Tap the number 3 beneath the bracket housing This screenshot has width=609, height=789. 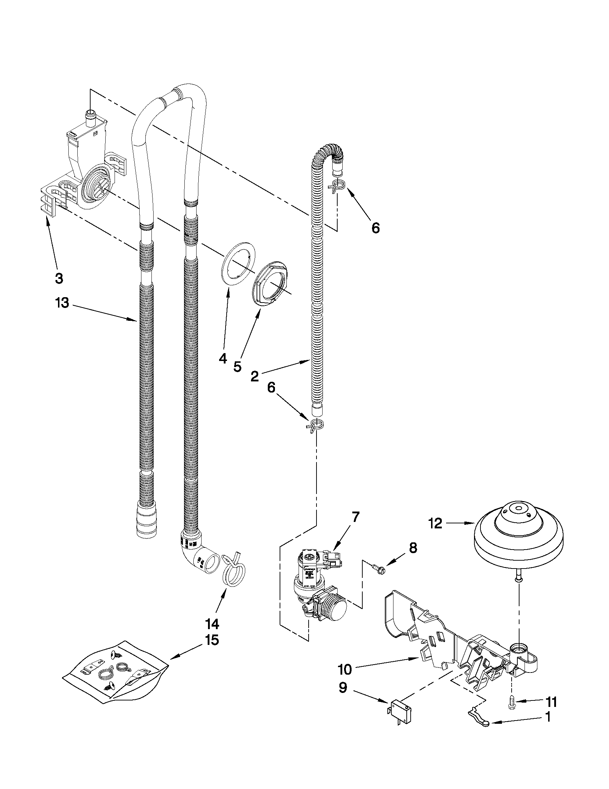(59, 278)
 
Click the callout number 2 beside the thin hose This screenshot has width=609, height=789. (255, 376)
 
